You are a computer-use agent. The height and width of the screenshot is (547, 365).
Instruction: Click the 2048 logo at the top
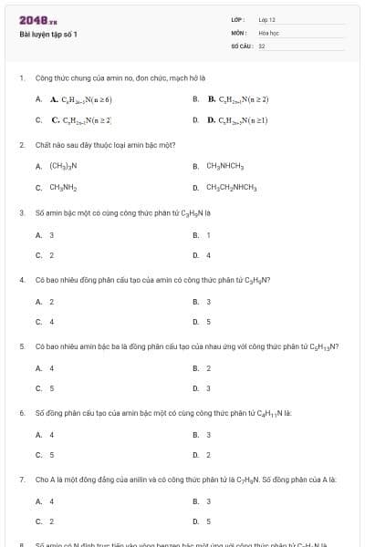(x=33, y=20)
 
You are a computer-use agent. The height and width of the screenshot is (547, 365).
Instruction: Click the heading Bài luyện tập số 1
(x=48, y=35)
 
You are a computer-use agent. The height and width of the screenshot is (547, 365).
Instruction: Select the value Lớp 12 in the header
(x=266, y=19)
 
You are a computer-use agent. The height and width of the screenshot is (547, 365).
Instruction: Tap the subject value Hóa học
(x=267, y=32)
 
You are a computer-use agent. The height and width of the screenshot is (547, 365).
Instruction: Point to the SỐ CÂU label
(x=241, y=45)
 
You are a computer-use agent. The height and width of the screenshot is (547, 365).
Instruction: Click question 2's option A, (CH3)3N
(x=63, y=166)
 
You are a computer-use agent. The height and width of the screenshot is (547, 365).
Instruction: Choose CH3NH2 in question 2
(x=63, y=188)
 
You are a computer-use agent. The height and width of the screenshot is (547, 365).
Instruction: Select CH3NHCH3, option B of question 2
(x=224, y=166)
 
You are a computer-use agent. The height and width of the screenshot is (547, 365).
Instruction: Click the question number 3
(x=21, y=212)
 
